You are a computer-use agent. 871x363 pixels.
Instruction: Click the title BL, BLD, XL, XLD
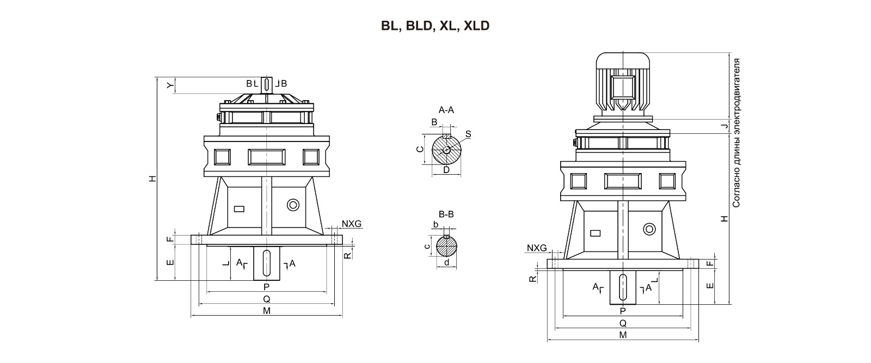435,26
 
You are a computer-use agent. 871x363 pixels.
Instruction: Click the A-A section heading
446,110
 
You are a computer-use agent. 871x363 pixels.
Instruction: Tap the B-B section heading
446,214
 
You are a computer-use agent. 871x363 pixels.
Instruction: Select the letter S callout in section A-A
468,134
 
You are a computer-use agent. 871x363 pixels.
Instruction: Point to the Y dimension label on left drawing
169,85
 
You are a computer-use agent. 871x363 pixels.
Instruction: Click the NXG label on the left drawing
351,224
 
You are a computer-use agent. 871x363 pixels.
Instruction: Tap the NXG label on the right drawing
536,248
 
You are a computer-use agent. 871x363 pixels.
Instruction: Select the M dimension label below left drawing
267,311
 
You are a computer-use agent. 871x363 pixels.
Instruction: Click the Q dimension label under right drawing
623,323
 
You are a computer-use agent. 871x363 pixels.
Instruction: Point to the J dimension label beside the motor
723,126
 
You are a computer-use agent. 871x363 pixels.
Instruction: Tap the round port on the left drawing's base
293,205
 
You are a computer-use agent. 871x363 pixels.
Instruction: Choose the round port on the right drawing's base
649,229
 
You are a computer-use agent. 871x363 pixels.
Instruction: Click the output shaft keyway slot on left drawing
267,263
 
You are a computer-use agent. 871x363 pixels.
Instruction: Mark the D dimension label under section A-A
446,170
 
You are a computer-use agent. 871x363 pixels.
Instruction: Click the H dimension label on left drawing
154,178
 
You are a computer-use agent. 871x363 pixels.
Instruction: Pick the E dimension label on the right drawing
709,285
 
